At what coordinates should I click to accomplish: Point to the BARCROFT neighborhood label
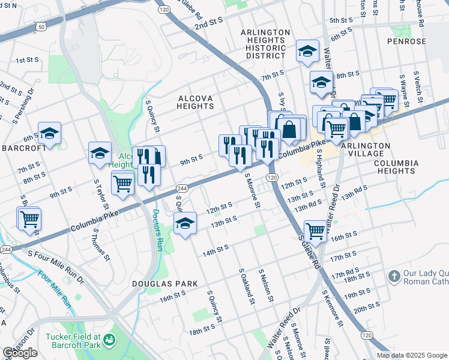click(x=23, y=148)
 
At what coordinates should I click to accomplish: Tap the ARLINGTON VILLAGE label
click(x=366, y=150)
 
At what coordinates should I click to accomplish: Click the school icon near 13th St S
click(x=185, y=223)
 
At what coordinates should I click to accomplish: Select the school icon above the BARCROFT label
click(x=49, y=133)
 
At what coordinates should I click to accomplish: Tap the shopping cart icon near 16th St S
click(x=315, y=230)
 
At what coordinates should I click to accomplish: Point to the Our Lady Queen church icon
click(x=394, y=277)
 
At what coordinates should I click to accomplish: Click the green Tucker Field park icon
click(x=109, y=340)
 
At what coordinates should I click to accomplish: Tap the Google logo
click(x=20, y=353)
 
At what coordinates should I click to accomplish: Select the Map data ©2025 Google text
click(x=412, y=355)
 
